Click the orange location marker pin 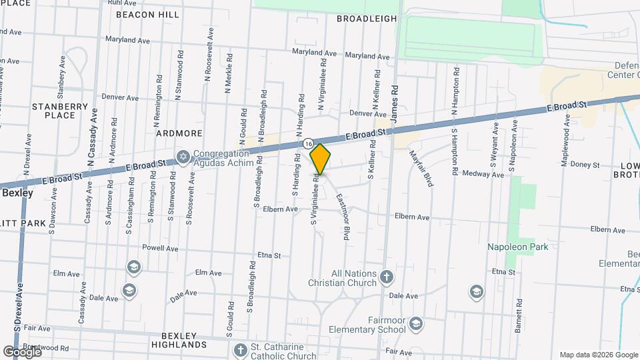pyautogui.click(x=320, y=159)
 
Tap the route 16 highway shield pyautogui.click(x=308, y=143)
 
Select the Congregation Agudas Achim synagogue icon pyautogui.click(x=183, y=157)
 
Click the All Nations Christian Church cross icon pyautogui.click(x=387, y=276)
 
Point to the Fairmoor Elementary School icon pyautogui.click(x=416, y=323)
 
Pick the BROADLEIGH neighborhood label pyautogui.click(x=367, y=19)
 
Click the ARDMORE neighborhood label pyautogui.click(x=179, y=133)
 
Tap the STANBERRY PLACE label pyautogui.click(x=60, y=111)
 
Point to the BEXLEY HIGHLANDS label pyautogui.click(x=179, y=340)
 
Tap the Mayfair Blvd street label pyautogui.click(x=421, y=167)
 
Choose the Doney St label pyautogui.click(x=585, y=165)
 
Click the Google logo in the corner pyautogui.click(x=22, y=351)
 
